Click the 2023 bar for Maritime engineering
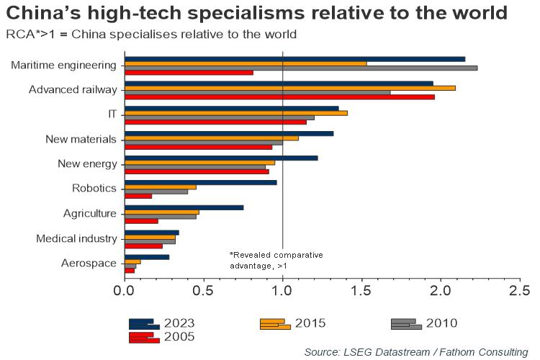pos(295,58)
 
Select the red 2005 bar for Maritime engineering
pos(189,73)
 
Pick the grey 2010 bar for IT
pos(220,117)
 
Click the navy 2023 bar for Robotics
pos(201,182)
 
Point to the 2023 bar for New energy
pos(221,158)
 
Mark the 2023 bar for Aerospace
pos(147,256)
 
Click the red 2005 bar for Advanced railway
pos(279,96)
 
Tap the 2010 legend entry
pos(425,323)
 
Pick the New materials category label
pos(81,140)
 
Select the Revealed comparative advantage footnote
pos(276,261)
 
